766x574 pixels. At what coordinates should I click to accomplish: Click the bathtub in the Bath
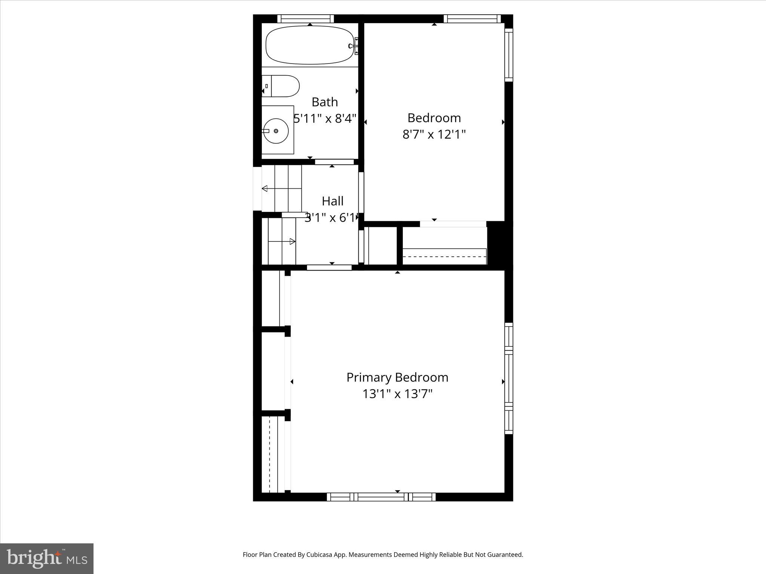point(310,45)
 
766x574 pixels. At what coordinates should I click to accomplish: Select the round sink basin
point(276,131)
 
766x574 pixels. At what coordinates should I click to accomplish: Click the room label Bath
point(325,102)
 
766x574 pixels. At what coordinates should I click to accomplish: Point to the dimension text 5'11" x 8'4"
point(325,119)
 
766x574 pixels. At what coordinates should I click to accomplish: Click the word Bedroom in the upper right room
point(434,118)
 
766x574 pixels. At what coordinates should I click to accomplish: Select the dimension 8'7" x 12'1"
point(434,135)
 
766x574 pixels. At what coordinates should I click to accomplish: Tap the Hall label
point(333,201)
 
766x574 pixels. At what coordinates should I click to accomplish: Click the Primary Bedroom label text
point(397,377)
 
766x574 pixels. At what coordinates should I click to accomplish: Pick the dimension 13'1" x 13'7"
point(397,394)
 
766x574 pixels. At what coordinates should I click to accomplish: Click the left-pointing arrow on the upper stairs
point(265,188)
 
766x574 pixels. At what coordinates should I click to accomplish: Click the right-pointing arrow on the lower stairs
point(292,241)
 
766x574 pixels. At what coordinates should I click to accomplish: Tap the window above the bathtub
point(306,19)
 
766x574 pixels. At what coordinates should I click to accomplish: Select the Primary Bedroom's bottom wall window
point(381,497)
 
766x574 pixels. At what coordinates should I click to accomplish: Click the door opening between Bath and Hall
point(334,162)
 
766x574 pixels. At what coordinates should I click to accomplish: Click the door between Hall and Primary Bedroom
point(329,268)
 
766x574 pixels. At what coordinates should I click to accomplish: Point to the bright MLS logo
point(47,558)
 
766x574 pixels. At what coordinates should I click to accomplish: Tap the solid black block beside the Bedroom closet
point(499,243)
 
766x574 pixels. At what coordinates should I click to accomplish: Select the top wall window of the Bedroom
point(472,19)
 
